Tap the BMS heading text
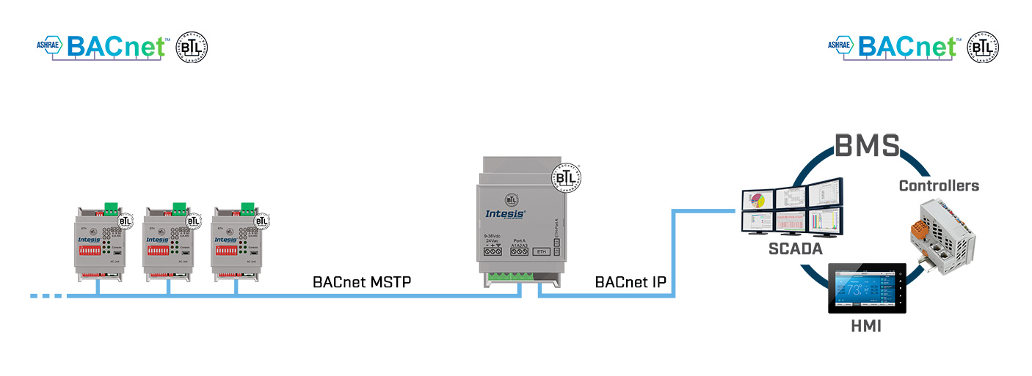tap(867, 145)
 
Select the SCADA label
tap(795, 248)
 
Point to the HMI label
tap(867, 327)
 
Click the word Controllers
tap(939, 186)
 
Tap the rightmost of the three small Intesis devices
tap(238, 242)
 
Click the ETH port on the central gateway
tap(541, 251)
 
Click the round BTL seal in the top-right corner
tap(983, 47)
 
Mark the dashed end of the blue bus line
tap(48, 296)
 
